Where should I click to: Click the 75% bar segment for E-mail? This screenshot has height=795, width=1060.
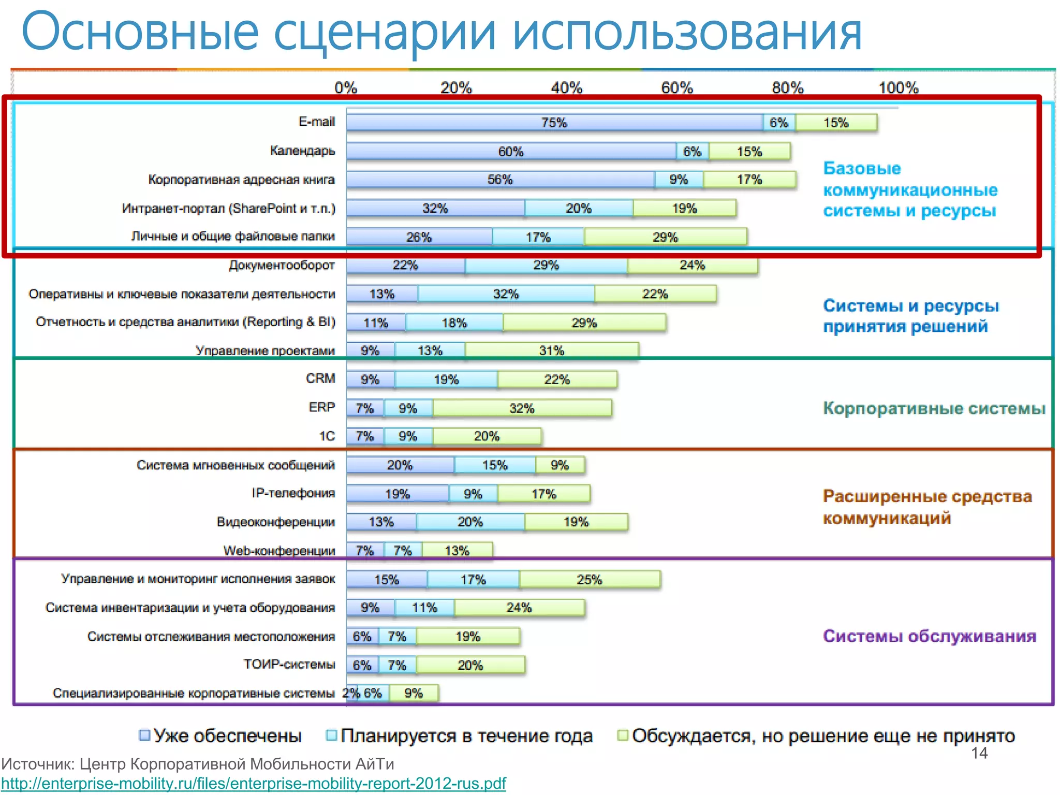tap(554, 123)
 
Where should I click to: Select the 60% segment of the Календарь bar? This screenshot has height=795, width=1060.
tap(511, 152)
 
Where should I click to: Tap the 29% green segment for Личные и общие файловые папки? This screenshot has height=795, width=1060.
tap(665, 237)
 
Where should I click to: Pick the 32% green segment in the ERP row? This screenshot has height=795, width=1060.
tap(522, 408)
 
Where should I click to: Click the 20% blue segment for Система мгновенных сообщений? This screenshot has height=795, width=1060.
tap(400, 465)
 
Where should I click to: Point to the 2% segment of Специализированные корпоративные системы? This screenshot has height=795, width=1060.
tap(351, 693)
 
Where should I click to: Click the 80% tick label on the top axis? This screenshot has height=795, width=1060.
tap(787, 88)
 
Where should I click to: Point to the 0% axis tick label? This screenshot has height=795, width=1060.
tap(346, 88)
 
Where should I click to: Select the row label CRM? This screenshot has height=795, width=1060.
tap(320, 379)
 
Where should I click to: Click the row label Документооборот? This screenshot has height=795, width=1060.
tap(282, 266)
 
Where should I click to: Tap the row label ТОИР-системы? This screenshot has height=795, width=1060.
tap(289, 665)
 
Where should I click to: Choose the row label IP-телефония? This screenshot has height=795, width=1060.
tap(293, 493)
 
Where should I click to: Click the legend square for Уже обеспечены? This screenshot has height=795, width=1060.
tap(145, 735)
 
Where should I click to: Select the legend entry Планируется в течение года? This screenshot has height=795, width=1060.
tap(466, 736)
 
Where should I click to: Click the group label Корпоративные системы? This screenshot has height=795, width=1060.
tap(934, 408)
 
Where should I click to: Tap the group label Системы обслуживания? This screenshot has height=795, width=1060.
tap(930, 636)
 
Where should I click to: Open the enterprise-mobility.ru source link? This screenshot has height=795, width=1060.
tap(254, 784)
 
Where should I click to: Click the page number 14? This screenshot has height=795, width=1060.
tap(979, 754)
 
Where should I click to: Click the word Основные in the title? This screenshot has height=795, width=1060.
tap(140, 32)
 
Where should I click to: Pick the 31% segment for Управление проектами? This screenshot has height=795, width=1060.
tap(552, 351)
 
